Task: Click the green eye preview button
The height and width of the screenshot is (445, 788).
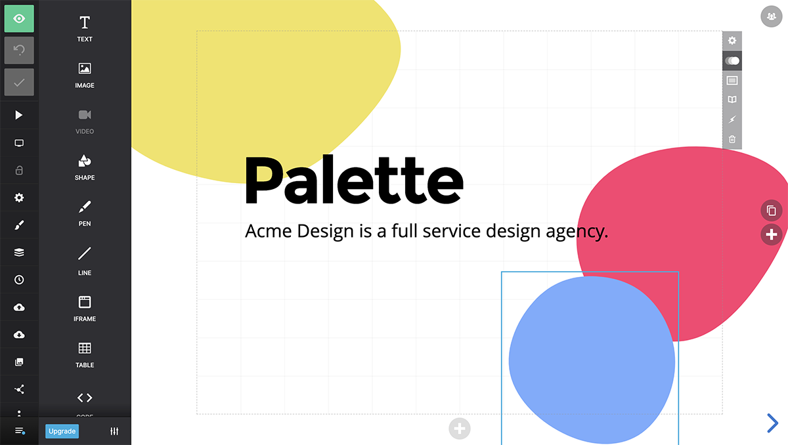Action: [19, 18]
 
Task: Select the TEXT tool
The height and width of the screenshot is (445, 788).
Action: [85, 29]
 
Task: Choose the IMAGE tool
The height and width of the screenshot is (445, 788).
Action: [85, 75]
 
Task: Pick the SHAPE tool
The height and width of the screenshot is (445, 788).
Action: [85, 167]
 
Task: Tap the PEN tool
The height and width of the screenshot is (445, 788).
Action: [85, 213]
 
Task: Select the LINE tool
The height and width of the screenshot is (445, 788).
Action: [85, 261]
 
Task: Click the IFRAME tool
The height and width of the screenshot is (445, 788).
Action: [85, 308]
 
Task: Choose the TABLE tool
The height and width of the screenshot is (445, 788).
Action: [85, 355]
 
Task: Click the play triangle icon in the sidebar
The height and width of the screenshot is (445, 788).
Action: [18, 115]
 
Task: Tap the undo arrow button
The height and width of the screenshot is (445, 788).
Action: [19, 51]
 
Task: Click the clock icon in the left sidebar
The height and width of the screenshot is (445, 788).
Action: [19, 280]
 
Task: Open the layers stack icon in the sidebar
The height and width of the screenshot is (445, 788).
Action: [19, 253]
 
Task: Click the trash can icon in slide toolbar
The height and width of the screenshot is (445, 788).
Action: [732, 139]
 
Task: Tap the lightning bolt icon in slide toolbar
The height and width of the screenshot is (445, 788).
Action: [732, 119]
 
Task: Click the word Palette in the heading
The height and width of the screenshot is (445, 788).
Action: [354, 180]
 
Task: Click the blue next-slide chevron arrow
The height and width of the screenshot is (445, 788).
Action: [772, 423]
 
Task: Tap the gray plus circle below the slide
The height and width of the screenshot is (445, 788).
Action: [460, 429]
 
